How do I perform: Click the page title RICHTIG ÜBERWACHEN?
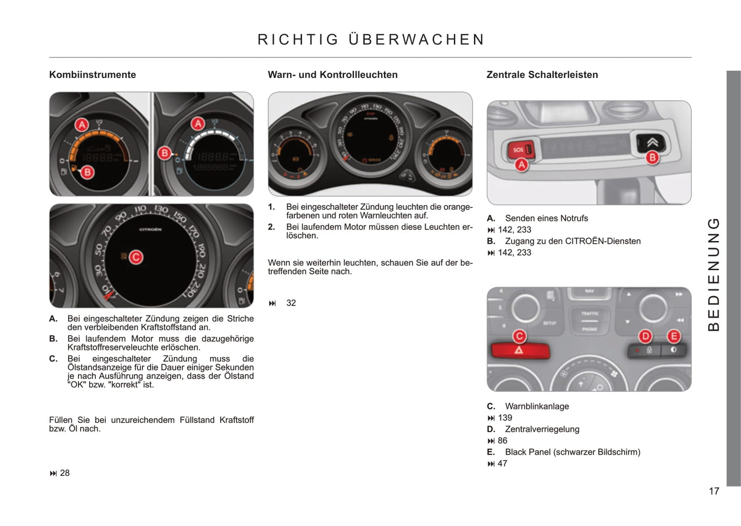pyautogui.click(x=371, y=39)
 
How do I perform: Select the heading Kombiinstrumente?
pyautogui.click(x=92, y=75)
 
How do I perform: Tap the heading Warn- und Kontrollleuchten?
pyautogui.click(x=332, y=75)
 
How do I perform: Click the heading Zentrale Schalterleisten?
pyautogui.click(x=542, y=75)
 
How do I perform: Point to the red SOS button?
pyautogui.click(x=519, y=150)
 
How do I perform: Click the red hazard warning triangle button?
pyautogui.click(x=519, y=351)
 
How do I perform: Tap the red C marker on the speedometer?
pyautogui.click(x=136, y=257)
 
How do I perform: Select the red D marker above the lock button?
pyautogui.click(x=645, y=336)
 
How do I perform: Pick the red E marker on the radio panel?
pyautogui.click(x=673, y=336)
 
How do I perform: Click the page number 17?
pyautogui.click(x=714, y=491)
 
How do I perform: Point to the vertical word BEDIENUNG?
pyautogui.click(x=713, y=274)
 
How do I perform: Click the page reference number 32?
pyautogui.click(x=291, y=303)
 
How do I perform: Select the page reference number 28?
pyautogui.click(x=65, y=473)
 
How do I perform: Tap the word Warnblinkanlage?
pyautogui.click(x=537, y=406)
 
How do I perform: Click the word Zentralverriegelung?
pyautogui.click(x=542, y=429)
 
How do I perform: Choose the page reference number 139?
pyautogui.click(x=505, y=418)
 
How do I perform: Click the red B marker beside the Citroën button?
pyautogui.click(x=652, y=158)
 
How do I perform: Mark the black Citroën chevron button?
pyautogui.click(x=651, y=142)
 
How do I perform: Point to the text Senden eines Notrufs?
pyautogui.click(x=546, y=218)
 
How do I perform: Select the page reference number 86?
pyautogui.click(x=503, y=440)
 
